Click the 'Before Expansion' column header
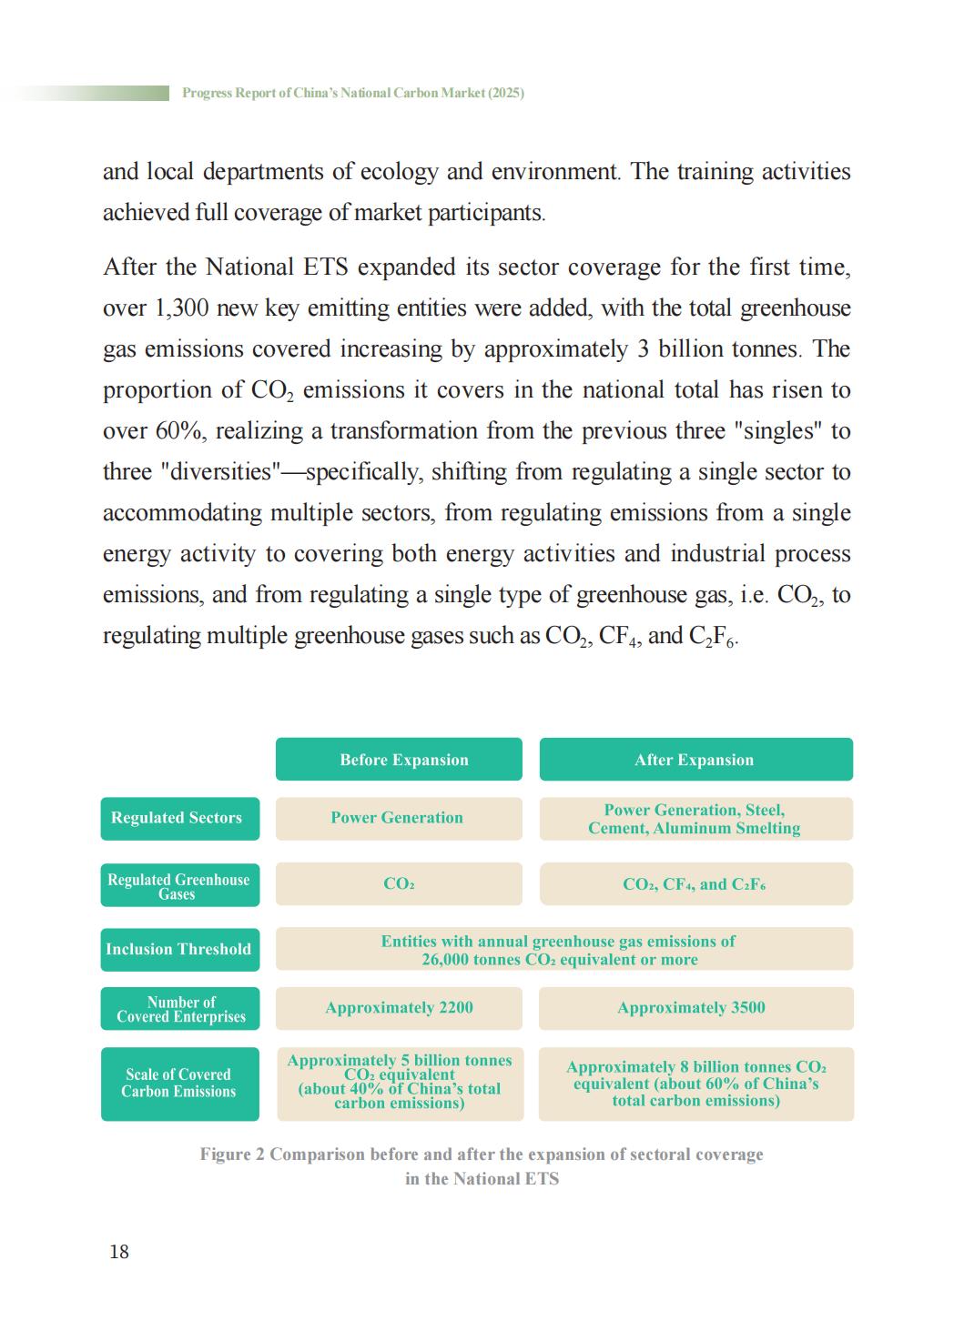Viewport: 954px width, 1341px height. tap(399, 760)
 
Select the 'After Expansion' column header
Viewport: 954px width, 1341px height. tap(695, 760)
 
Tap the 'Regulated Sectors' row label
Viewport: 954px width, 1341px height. tap(179, 818)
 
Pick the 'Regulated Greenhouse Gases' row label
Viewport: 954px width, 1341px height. tap(179, 886)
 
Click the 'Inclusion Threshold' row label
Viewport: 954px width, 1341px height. tap(179, 949)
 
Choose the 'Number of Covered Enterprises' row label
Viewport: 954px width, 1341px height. tap(179, 1009)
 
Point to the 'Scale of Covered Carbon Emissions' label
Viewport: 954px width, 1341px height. tap(179, 1083)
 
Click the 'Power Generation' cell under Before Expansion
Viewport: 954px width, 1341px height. tap(398, 818)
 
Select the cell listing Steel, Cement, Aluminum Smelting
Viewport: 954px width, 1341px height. tap(695, 819)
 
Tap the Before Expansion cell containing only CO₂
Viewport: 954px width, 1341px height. tap(399, 884)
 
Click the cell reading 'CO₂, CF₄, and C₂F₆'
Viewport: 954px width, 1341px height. tap(695, 884)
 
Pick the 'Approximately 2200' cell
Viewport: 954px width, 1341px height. tap(399, 1008)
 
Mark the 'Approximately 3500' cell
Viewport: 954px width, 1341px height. tap(695, 1008)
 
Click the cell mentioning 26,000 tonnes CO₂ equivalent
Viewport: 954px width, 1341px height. tap(563, 950)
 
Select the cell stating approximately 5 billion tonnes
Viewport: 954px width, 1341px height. tap(399, 1082)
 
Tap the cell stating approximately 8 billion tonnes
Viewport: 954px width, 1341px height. tap(695, 1084)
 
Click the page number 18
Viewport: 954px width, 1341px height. tap(119, 1252)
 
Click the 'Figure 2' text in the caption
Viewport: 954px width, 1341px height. tap(232, 1154)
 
